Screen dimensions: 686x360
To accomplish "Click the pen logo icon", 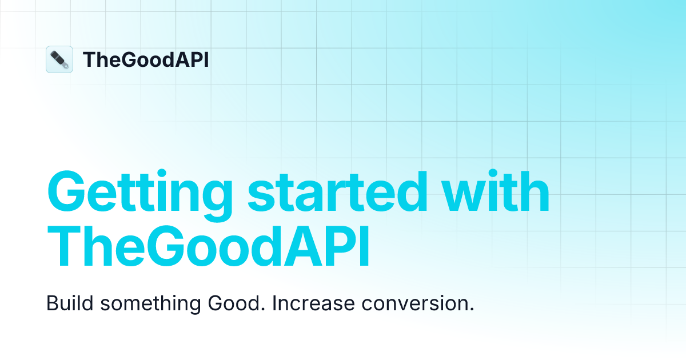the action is click(59, 59).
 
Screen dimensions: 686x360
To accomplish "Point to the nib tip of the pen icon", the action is click(67, 67).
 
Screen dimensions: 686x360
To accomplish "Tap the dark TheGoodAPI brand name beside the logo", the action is click(146, 59).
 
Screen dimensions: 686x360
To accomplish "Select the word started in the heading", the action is click(337, 192).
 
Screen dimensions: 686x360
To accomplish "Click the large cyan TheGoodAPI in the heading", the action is click(208, 247).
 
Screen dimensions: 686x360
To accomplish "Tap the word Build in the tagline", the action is click(70, 303).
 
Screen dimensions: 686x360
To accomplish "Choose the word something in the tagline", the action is click(151, 304).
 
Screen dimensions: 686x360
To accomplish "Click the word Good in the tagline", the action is click(234, 303).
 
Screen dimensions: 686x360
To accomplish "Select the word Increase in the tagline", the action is click(313, 303).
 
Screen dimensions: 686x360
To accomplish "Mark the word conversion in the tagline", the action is click(414, 303).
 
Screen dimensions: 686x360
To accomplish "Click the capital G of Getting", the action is click(66, 191).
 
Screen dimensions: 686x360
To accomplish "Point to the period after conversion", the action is click(472, 309).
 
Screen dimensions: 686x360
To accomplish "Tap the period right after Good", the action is click(263, 309).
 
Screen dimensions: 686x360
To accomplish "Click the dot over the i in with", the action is click(493, 173).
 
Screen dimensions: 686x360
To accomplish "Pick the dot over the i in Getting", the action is click(162, 173).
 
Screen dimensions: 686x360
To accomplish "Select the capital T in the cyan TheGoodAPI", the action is click(63, 247).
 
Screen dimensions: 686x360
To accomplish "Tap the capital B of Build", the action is click(51, 303).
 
